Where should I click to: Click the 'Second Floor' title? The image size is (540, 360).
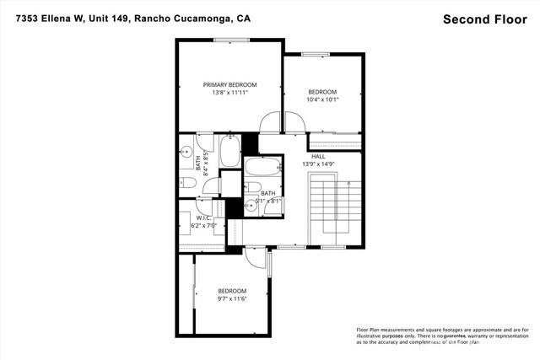(x=485, y=18)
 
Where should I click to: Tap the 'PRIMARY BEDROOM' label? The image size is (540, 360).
(x=229, y=84)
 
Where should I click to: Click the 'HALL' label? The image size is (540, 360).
(x=317, y=156)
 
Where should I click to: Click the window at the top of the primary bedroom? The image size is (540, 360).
(x=229, y=40)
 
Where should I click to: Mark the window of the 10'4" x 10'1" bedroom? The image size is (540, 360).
(x=316, y=55)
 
